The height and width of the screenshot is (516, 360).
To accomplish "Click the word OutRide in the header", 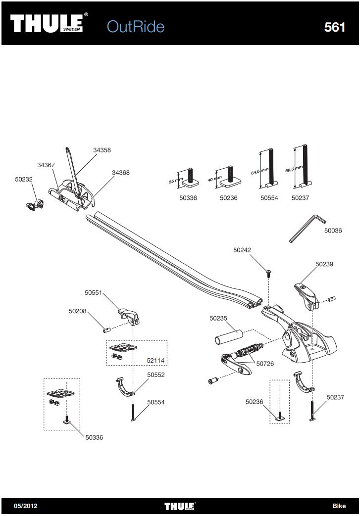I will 135,26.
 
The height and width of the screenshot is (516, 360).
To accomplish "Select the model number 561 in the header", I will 335,27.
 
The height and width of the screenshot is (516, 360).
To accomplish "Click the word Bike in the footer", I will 339,506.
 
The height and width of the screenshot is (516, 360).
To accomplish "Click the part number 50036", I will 333,231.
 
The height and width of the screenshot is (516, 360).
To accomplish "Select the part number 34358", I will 102,150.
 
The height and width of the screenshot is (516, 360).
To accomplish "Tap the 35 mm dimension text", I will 176,181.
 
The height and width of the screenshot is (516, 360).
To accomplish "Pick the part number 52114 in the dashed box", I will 155,360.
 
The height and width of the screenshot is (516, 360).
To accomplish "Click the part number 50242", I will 242,250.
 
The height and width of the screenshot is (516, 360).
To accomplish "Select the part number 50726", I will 265,364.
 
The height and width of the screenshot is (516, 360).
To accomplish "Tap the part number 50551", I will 93,293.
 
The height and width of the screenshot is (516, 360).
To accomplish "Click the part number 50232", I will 24,180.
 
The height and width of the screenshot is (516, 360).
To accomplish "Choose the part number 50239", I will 324,264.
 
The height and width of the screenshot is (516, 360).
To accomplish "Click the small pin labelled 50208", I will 106,328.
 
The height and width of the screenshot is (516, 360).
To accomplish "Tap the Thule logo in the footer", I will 180,506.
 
